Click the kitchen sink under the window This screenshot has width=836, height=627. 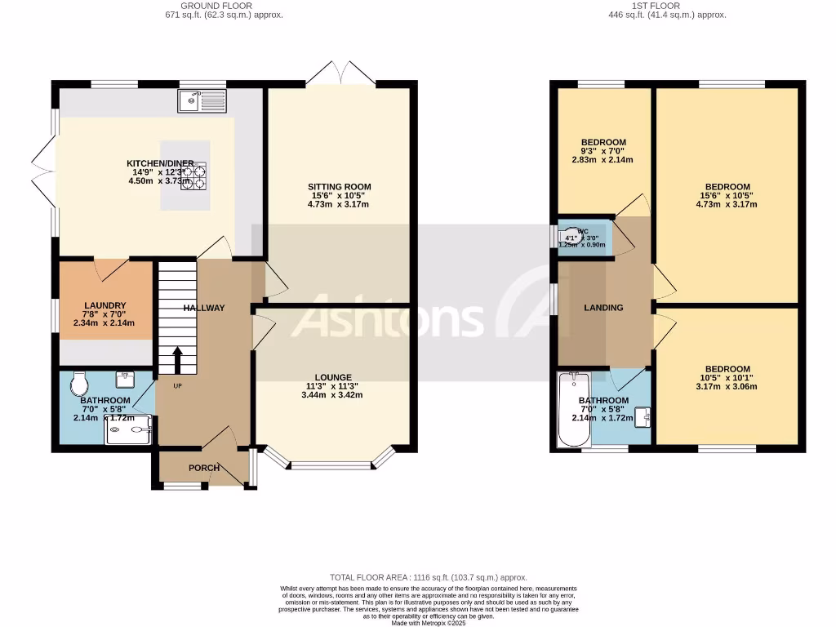point(202,100)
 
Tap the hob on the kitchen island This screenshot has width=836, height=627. point(193,176)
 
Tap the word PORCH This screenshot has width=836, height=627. point(203,468)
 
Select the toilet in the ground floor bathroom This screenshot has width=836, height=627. point(80,382)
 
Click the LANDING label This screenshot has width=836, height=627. point(603,308)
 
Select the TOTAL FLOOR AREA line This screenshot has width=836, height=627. point(422,577)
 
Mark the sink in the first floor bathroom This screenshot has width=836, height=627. point(645,416)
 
